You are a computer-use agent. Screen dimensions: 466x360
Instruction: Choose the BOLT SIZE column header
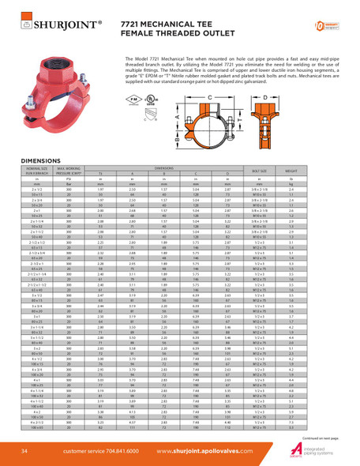tap(281, 170)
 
